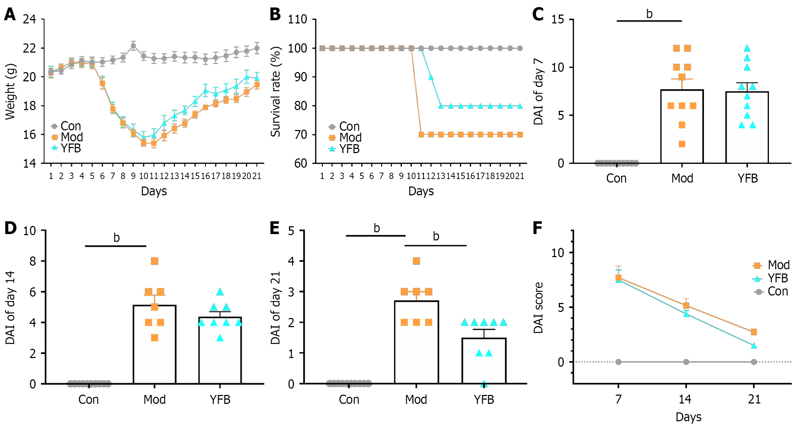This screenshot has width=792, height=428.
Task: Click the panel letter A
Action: (10, 15)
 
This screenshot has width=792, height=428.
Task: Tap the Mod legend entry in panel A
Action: (71, 137)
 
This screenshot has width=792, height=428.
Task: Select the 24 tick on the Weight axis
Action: (29, 19)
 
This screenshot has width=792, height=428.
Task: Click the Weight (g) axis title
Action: (11, 92)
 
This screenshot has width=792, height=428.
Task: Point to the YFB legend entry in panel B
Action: (349, 149)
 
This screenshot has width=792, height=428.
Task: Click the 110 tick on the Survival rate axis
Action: (297, 19)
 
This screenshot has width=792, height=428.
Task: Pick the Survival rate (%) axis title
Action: (276, 92)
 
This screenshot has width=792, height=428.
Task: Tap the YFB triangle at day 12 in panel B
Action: (431, 77)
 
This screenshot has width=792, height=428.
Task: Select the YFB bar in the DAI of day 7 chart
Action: (747, 128)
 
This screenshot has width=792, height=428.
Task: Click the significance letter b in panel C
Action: (649, 14)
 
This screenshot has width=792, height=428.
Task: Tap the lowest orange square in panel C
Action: (682, 144)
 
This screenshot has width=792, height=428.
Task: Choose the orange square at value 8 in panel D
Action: (154, 261)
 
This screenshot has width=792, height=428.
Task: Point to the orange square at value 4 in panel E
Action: (416, 261)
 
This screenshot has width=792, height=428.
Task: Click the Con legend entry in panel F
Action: (777, 292)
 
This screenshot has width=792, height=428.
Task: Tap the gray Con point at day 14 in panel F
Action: (686, 362)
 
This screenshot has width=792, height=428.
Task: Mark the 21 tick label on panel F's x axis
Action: (754, 400)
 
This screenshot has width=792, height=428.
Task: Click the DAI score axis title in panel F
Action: (539, 308)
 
